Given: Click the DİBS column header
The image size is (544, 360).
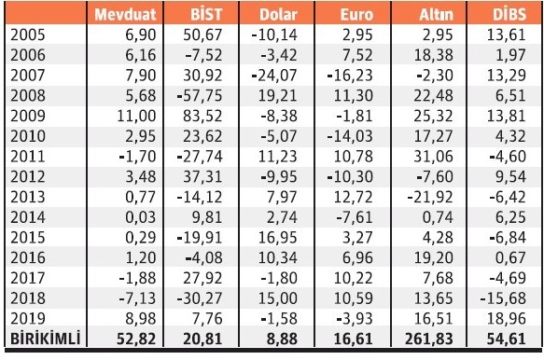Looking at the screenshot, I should click(x=508, y=14).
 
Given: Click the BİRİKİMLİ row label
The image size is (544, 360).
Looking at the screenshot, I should click(x=43, y=337).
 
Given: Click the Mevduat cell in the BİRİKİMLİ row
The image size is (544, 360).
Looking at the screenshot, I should click(x=135, y=337).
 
